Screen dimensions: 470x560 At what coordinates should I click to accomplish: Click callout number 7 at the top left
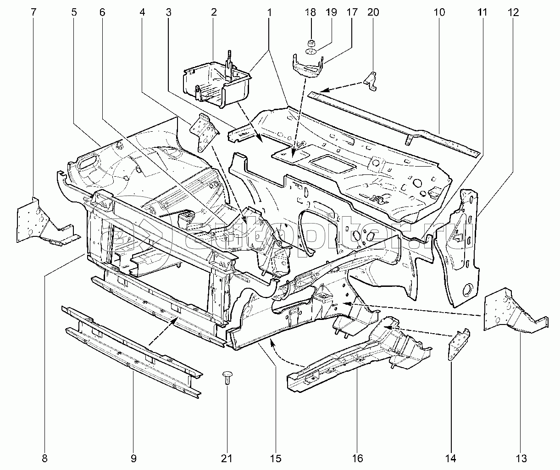33,12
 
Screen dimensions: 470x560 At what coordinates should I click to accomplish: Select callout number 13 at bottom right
521,458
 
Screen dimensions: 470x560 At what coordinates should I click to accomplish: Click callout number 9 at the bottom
133,458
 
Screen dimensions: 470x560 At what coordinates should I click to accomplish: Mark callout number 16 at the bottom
357,458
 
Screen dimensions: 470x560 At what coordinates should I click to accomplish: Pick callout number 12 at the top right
513,12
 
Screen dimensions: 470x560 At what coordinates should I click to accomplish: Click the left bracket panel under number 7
39,220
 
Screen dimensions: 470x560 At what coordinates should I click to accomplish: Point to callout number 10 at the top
439,12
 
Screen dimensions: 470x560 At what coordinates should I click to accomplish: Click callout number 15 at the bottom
275,458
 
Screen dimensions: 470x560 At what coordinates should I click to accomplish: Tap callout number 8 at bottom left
44,458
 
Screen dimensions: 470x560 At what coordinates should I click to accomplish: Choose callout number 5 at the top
74,12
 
